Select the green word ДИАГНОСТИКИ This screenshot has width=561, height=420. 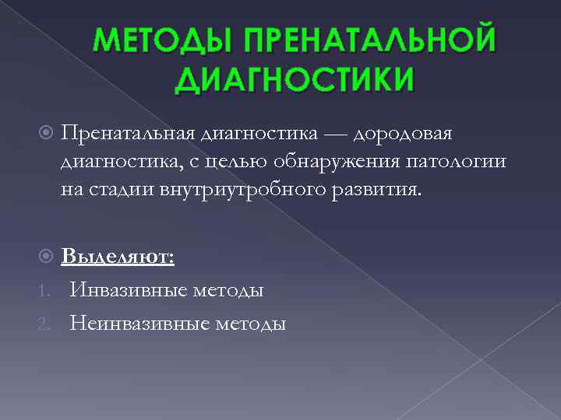click(295, 79)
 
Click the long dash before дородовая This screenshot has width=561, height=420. click(334, 136)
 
